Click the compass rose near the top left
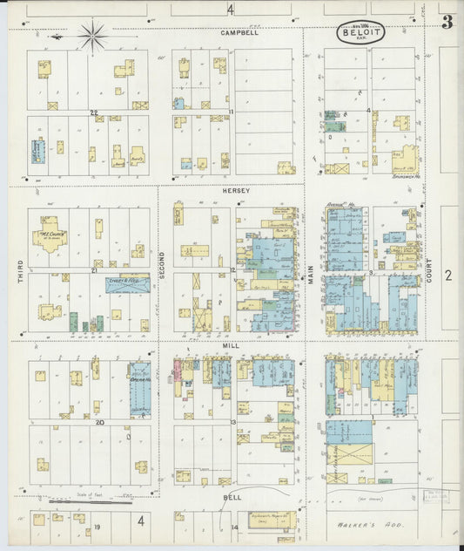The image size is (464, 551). coord(92,36)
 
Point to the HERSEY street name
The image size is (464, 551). coord(235,190)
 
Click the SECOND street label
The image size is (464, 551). coord(162,262)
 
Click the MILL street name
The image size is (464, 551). coord(231,346)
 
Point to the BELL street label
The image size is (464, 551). coord(231,497)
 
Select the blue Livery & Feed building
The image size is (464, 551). coord(127,283)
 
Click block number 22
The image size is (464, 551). coord(92,112)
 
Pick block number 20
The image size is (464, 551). coord(100,422)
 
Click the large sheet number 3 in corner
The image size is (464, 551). coord(447,23)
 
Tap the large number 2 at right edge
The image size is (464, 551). coord(447,275)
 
